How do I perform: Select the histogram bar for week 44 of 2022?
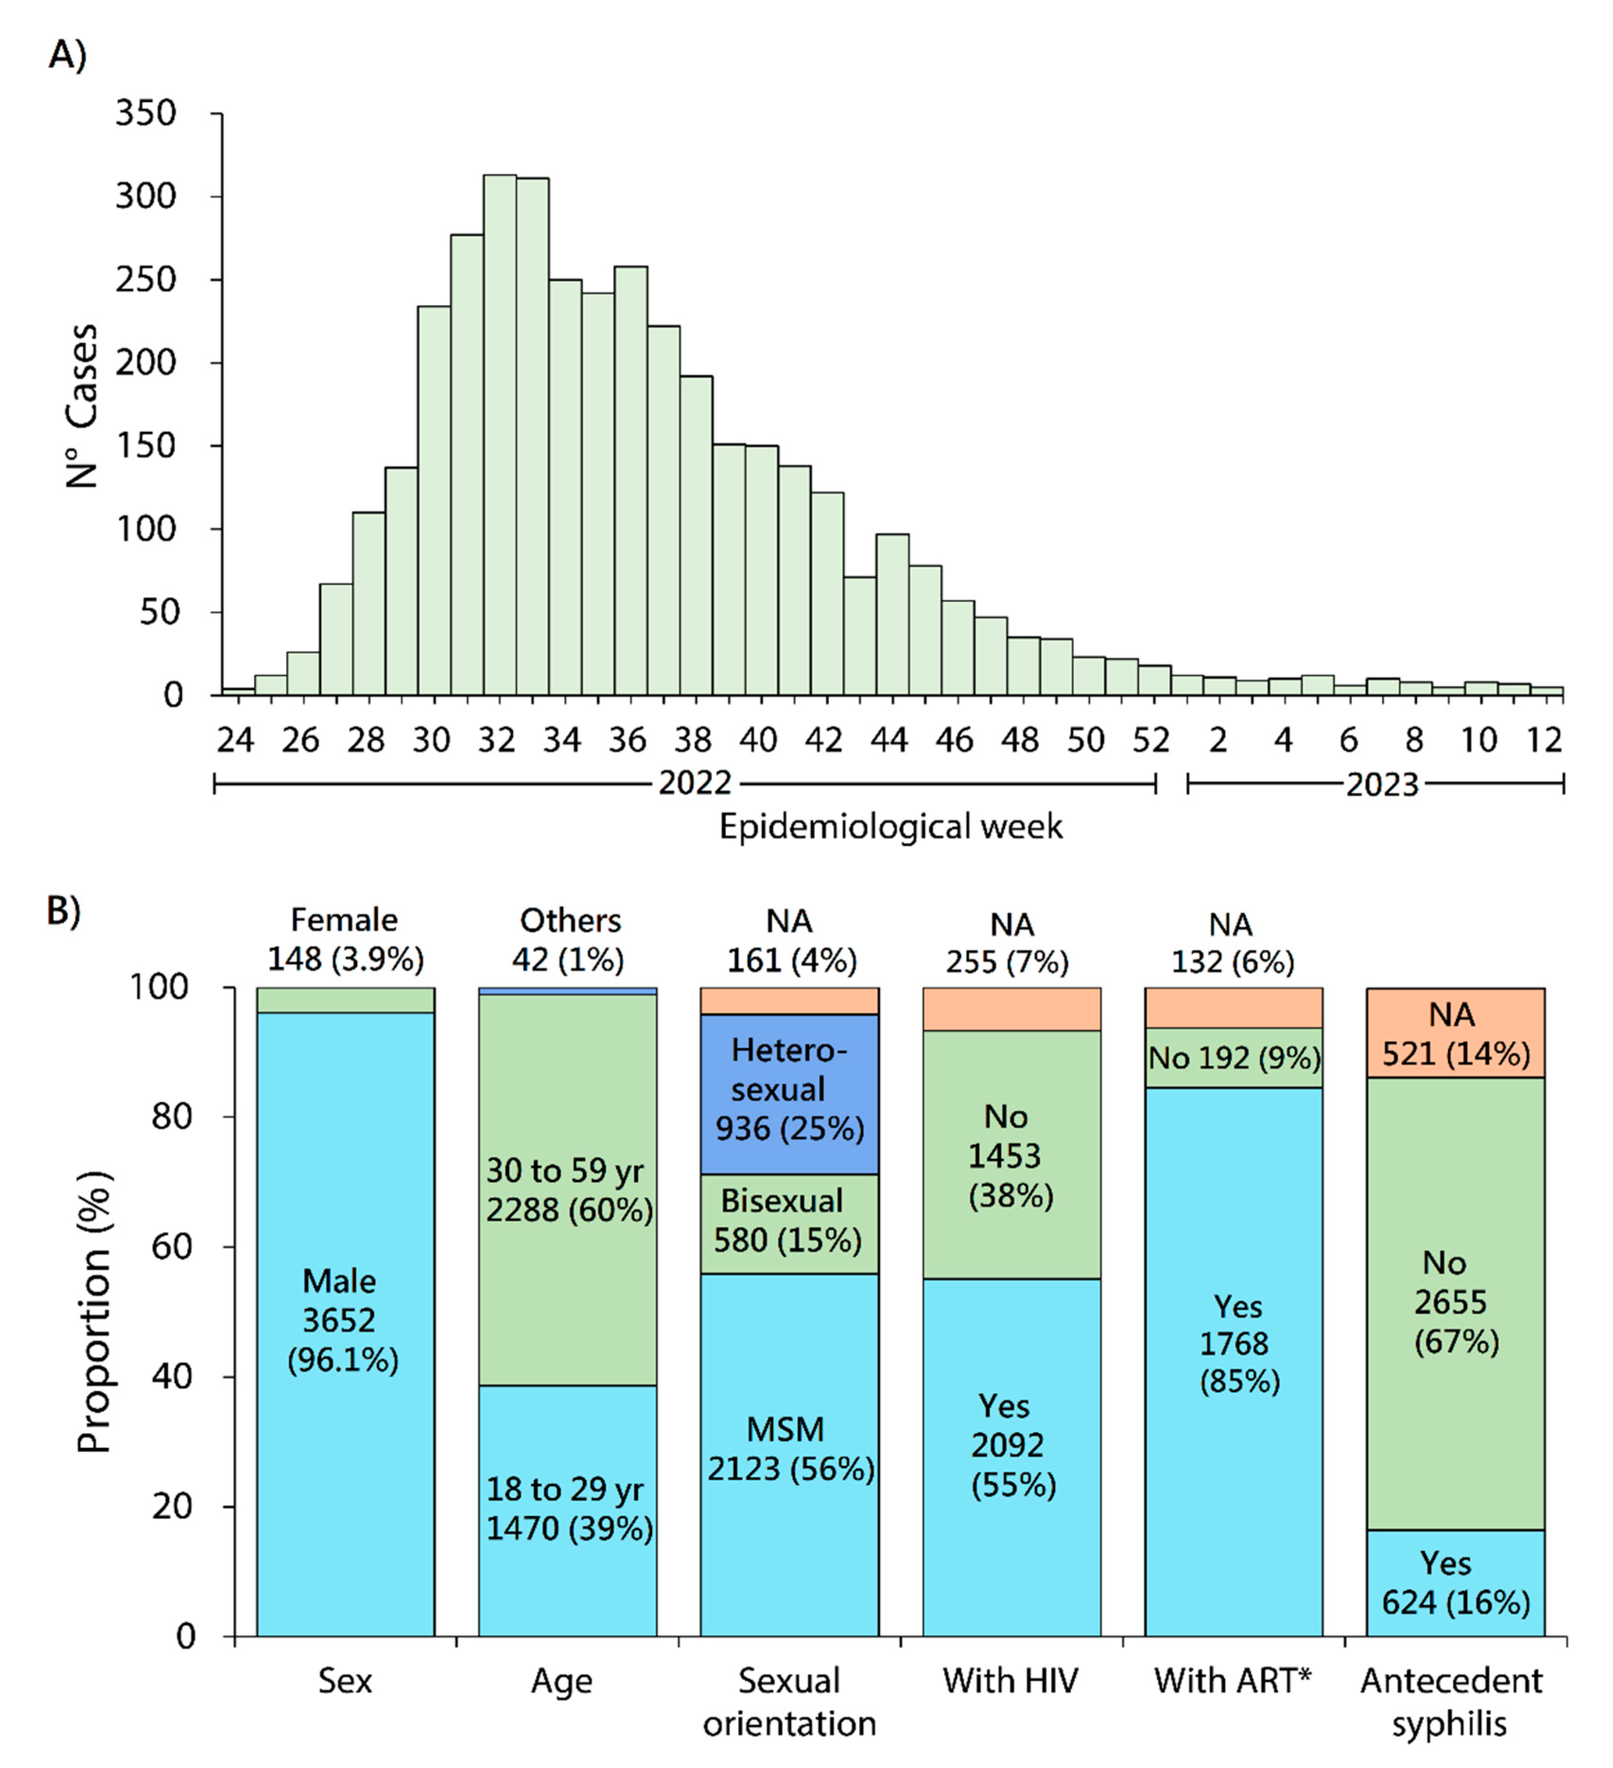892,614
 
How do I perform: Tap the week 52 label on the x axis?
1151,741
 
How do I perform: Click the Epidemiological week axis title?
890,827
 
